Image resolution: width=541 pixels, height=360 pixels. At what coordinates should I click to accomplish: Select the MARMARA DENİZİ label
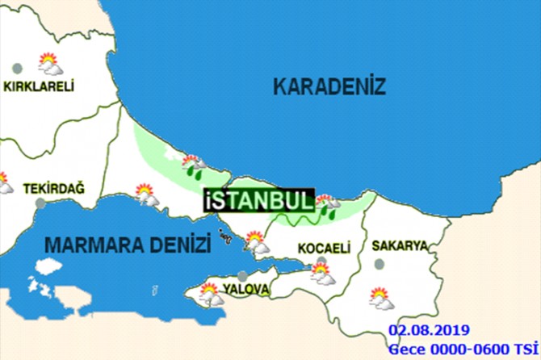tap(128, 243)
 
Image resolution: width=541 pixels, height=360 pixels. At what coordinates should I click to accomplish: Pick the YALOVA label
tap(241, 287)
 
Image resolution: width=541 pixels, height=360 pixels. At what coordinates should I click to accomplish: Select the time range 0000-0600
tap(472, 348)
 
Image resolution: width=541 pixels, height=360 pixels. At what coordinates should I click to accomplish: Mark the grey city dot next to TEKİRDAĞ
tap(40, 203)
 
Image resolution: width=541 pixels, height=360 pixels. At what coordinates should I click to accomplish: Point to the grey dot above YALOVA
tap(244, 275)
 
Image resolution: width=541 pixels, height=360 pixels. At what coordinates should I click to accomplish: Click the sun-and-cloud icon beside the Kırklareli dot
tap(49, 63)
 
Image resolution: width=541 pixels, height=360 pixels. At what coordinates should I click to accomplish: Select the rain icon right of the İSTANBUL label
tap(327, 206)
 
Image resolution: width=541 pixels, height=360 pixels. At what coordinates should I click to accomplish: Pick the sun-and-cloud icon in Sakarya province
tap(381, 298)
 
